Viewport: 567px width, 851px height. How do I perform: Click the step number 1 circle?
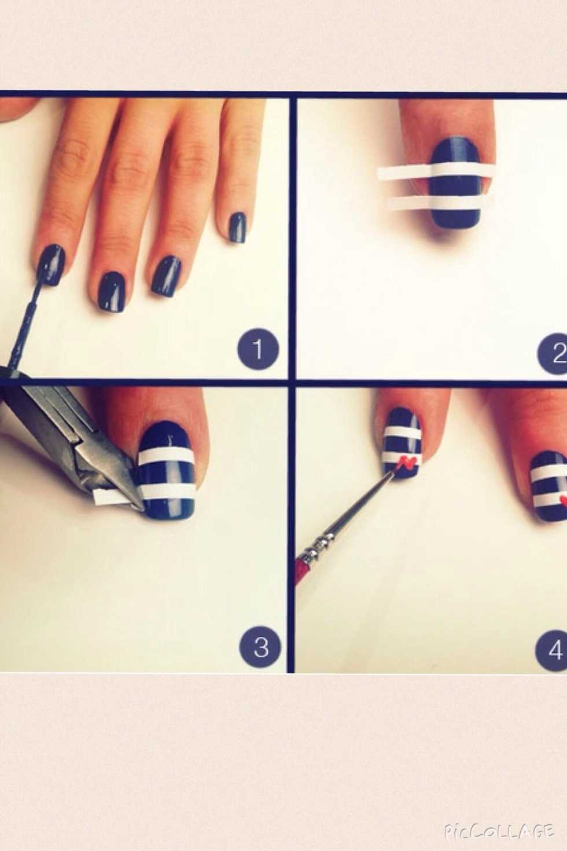point(258,349)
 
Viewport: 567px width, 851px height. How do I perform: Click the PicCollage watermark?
point(499,831)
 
